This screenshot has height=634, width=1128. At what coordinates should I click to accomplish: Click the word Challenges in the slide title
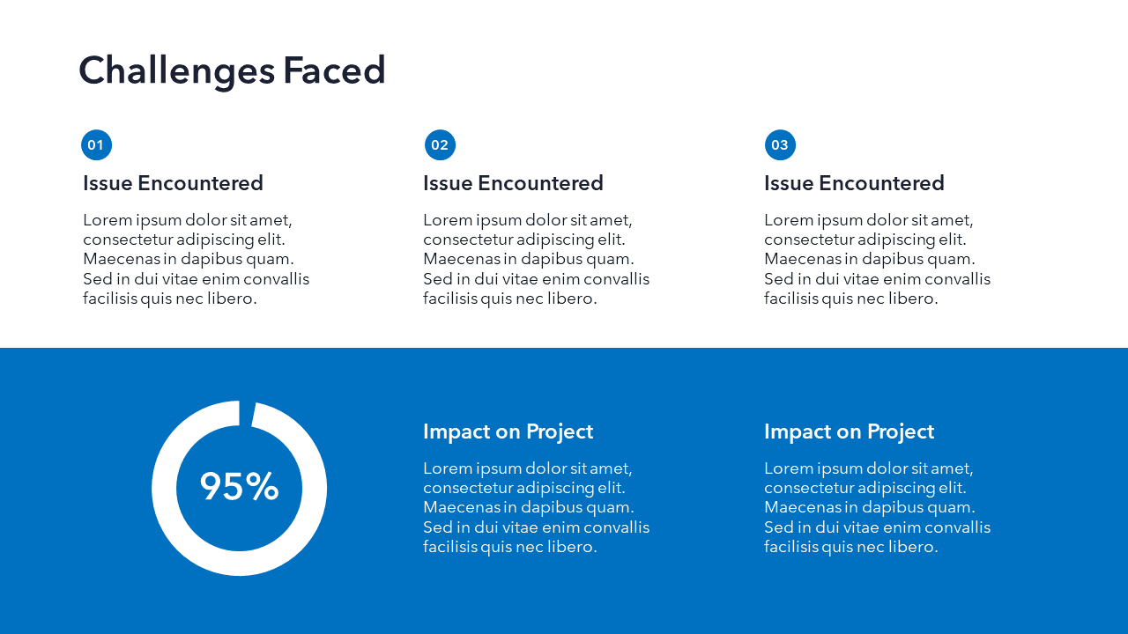[x=176, y=70]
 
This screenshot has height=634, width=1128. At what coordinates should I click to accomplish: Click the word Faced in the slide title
[x=334, y=70]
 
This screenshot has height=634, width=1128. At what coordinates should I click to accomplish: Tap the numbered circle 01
[x=96, y=145]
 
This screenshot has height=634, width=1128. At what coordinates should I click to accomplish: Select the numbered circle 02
[x=440, y=145]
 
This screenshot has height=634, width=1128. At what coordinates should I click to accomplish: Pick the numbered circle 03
[x=780, y=145]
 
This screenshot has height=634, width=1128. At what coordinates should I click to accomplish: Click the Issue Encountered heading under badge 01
[x=173, y=183]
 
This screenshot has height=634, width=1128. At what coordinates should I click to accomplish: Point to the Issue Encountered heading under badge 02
[x=513, y=183]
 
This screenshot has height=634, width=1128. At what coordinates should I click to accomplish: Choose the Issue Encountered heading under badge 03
[x=854, y=183]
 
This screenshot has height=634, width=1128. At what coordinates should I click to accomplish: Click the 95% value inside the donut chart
[x=239, y=487]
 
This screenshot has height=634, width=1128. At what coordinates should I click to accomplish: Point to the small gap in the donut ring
[x=246, y=413]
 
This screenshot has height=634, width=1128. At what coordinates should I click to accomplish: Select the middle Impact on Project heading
[x=508, y=431]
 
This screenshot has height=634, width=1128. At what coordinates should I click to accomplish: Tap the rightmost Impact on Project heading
[x=849, y=431]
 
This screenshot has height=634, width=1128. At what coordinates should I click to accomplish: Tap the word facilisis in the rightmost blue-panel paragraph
[x=791, y=547]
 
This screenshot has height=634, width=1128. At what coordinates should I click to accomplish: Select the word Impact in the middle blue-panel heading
[x=452, y=431]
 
